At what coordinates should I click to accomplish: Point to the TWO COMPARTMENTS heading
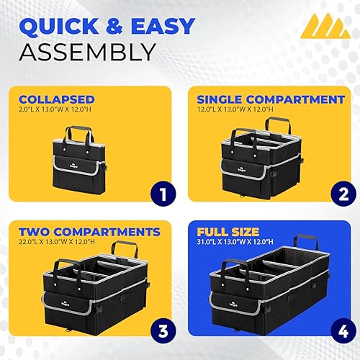point(89,232)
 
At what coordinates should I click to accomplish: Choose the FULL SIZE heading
point(228,232)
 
